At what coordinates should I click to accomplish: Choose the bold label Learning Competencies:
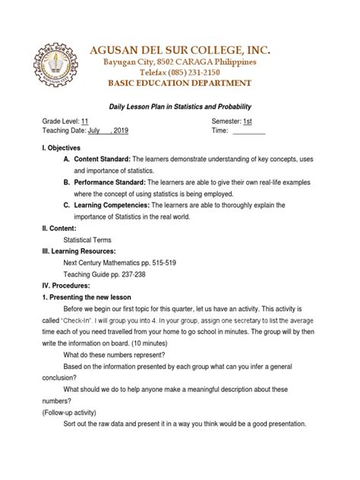coord(112,205)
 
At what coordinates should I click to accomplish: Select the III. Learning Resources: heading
coord(79,251)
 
